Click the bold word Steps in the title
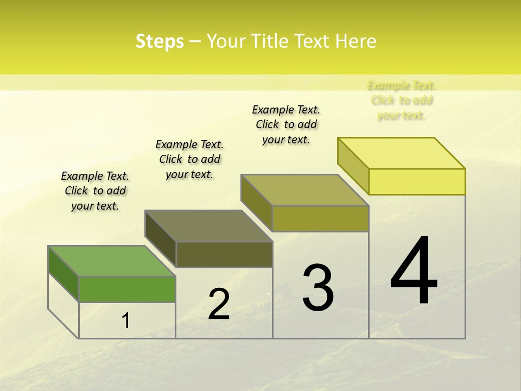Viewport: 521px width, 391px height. click(160, 41)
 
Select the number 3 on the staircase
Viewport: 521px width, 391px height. click(318, 287)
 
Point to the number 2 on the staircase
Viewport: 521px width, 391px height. click(219, 304)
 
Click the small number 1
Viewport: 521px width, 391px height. click(126, 321)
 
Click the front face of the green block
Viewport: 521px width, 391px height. click(127, 289)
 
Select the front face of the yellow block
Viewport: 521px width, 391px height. click(417, 181)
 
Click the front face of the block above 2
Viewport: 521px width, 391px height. click(224, 254)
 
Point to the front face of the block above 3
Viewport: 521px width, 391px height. click(320, 218)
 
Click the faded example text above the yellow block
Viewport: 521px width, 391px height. click(402, 100)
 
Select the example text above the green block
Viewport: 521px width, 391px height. click(95, 191)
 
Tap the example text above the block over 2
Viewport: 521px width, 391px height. click(189, 159)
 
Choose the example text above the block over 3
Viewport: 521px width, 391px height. click(286, 124)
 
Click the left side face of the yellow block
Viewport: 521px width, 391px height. click(353, 166)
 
